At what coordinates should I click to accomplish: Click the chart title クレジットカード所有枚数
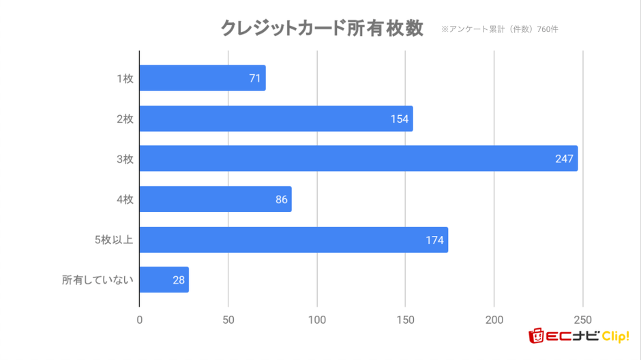coord(322,29)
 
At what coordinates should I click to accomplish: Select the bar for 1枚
coord(202,78)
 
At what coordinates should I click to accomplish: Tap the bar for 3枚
coord(358,159)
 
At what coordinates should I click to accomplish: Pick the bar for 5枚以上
coord(293,240)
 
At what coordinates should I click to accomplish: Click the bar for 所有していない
coord(164,280)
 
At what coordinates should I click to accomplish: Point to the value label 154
coord(400,119)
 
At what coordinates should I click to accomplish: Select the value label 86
coord(282,200)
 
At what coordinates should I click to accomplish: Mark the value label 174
coord(434,240)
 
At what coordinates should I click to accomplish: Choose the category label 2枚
coord(124,119)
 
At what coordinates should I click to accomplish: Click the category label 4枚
coord(124,200)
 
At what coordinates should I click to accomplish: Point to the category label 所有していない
coord(98,280)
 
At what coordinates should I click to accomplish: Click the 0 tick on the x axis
coord(140,320)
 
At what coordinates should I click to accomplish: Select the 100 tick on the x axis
coord(316,320)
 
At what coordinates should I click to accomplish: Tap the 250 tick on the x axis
coord(582,320)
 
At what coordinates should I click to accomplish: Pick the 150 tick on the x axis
coord(405,320)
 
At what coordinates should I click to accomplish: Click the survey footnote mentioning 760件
coord(500,29)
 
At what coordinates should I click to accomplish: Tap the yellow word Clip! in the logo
coord(615,335)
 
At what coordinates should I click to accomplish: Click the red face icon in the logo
coord(537,335)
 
